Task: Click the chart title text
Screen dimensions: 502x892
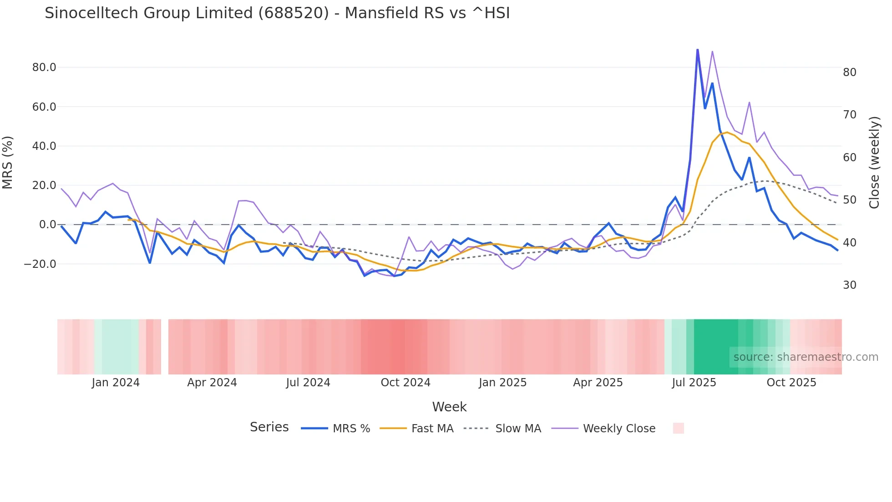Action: coord(277,13)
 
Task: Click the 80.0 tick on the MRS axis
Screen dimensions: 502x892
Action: coord(44,67)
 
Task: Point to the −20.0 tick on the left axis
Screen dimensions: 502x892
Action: coord(41,264)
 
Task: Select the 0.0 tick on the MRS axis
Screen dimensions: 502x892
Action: coord(47,225)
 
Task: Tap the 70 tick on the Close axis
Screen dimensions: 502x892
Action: coord(850,115)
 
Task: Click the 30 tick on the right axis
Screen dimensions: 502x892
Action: coord(850,285)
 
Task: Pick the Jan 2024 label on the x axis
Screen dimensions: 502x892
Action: coord(116,383)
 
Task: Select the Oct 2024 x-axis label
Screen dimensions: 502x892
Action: coord(405,383)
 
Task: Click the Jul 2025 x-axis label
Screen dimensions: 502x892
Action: coord(694,383)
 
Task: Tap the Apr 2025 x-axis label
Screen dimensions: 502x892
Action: coord(598,383)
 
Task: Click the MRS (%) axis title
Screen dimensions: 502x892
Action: coord(8,163)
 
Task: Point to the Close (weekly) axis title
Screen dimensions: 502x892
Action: coord(874,163)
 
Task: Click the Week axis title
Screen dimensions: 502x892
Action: coord(449,407)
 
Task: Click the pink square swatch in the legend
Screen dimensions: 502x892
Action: coord(678,428)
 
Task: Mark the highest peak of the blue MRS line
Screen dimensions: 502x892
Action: coord(697,50)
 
